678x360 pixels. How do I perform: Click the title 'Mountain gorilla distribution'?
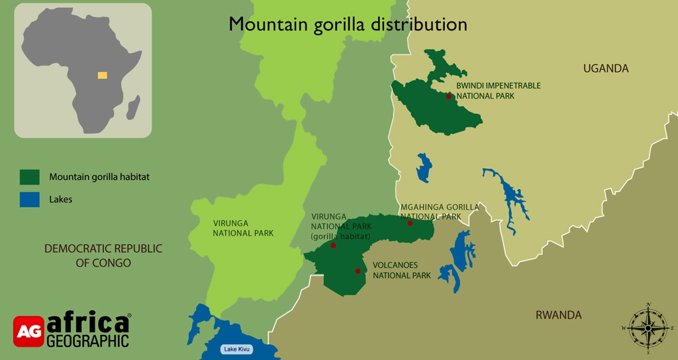click(x=348, y=24)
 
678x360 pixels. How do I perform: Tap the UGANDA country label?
click(x=605, y=69)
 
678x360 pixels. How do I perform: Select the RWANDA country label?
click(x=558, y=315)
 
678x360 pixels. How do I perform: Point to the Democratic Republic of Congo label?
click(x=93, y=255)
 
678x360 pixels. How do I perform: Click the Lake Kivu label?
click(x=236, y=349)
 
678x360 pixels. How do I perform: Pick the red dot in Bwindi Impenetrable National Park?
click(x=449, y=97)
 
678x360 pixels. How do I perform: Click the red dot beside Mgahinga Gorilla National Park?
click(x=410, y=223)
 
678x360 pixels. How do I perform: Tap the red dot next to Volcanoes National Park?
click(x=358, y=271)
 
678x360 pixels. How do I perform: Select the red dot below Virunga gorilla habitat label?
click(x=333, y=246)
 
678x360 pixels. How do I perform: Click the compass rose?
click(x=648, y=328)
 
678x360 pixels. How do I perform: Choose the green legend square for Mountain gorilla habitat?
click(x=30, y=177)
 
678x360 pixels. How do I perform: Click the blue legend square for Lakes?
click(x=30, y=199)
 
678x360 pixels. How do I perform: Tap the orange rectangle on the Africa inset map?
click(x=102, y=75)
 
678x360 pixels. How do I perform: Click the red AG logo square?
click(x=28, y=332)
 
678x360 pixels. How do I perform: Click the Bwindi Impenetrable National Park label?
click(x=489, y=91)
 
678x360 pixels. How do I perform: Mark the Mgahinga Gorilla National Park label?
click(x=440, y=212)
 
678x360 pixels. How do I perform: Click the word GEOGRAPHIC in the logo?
click(x=87, y=341)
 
